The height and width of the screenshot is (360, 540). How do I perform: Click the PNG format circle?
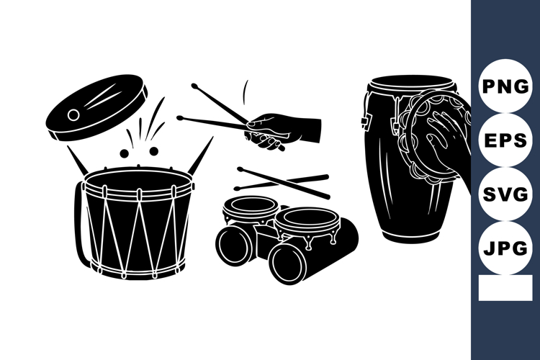coord(505,87)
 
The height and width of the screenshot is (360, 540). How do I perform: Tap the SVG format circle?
coord(505,194)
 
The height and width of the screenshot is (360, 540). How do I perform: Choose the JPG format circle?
coord(505,248)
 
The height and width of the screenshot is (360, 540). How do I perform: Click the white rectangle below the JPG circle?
coord(505,288)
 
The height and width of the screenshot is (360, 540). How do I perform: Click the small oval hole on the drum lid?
coord(73,115)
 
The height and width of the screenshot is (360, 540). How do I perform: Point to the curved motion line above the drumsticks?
coord(244,92)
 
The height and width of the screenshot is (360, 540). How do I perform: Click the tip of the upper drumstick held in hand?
coord(194,86)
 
